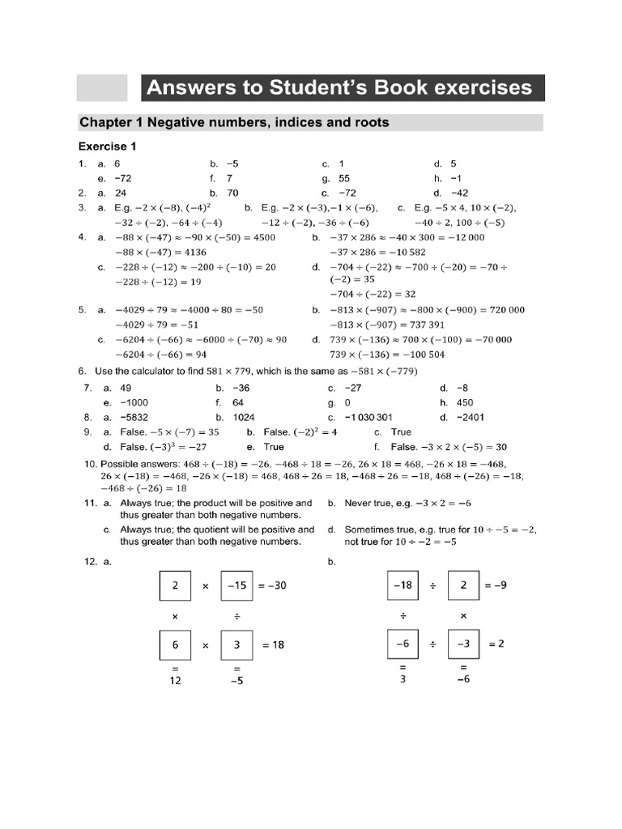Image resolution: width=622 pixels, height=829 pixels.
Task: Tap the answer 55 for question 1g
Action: [344, 178]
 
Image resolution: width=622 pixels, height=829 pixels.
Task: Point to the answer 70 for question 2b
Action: [233, 193]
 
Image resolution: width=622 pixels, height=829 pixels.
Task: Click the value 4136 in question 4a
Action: [191, 253]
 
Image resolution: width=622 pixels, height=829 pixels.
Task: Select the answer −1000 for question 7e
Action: [134, 402]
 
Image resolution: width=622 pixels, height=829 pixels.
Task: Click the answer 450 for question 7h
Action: [465, 402]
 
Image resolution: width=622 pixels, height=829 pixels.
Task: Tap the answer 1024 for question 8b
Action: [244, 418]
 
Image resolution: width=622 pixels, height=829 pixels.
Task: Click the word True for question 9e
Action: [274, 447]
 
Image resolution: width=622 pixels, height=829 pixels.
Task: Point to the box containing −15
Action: [236, 585]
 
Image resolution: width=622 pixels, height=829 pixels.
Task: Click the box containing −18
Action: [403, 585]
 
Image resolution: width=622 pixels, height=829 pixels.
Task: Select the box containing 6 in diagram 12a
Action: [175, 645]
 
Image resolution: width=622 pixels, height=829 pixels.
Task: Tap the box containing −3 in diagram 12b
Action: [463, 644]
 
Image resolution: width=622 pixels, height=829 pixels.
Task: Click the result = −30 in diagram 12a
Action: [272, 585]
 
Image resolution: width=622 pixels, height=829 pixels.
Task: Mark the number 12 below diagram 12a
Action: [175, 681]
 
